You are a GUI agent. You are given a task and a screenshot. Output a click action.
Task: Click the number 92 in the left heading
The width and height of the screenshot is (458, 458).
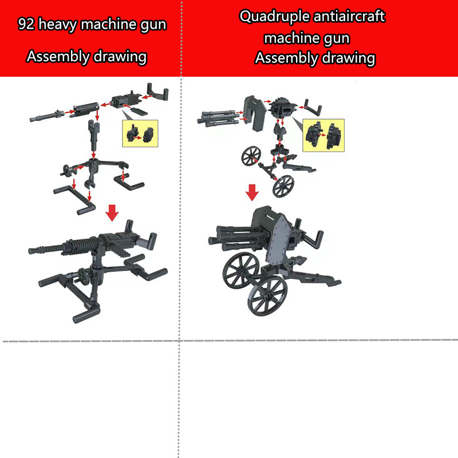pos(25,25)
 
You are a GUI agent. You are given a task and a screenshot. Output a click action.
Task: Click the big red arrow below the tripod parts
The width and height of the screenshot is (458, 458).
pos(113,212)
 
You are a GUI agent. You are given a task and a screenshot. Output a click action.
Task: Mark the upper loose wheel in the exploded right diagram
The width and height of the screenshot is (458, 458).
pos(251,155)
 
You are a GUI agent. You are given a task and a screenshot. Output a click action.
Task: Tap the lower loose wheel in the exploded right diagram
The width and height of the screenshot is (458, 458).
pos(283,186)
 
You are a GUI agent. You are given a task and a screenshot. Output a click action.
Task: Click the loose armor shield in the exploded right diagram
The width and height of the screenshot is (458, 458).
pos(253,110)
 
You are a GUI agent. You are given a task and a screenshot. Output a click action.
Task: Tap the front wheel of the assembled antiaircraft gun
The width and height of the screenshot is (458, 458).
pos(267,296)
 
